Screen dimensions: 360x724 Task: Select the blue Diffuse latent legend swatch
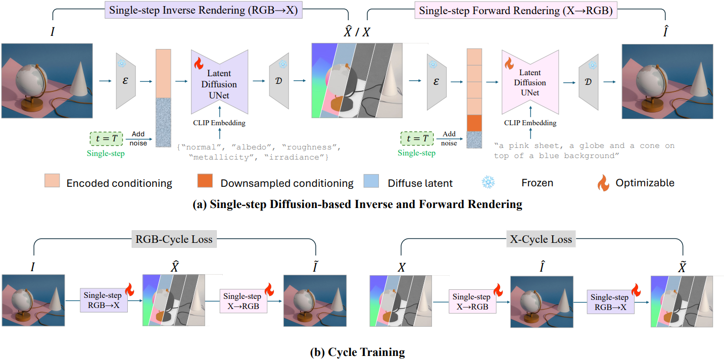pyautogui.click(x=371, y=182)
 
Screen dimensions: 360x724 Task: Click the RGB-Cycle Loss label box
pyautogui.click(x=174, y=239)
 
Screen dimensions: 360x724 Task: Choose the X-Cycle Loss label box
pyautogui.click(x=541, y=239)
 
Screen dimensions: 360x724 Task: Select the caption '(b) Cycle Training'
pyautogui.click(x=357, y=352)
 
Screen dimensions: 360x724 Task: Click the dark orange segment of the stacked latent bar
pyautogui.click(x=474, y=123)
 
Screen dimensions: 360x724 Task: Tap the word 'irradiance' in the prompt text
pyautogui.click(x=304, y=158)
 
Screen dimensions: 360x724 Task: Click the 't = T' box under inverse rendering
pyautogui.click(x=107, y=138)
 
